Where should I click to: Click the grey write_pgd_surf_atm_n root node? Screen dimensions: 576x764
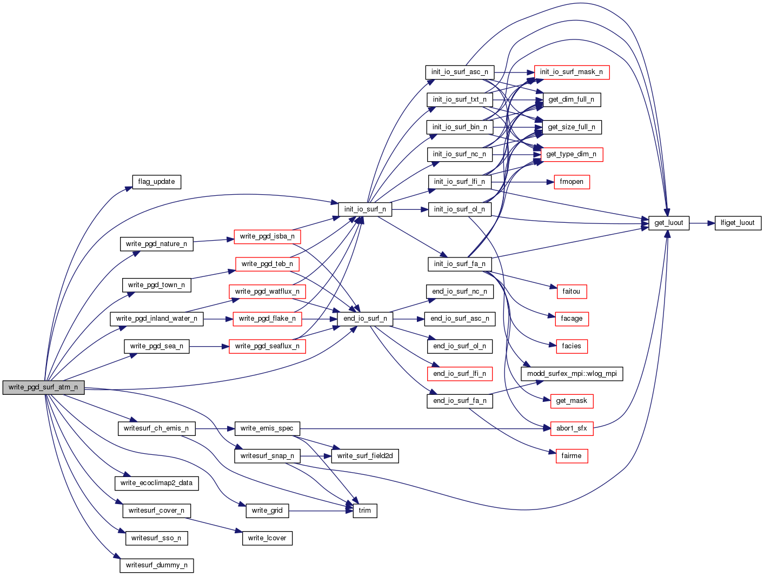coord(43,387)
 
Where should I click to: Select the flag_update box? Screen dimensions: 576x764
coord(156,182)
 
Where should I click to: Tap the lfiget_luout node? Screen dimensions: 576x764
coord(738,223)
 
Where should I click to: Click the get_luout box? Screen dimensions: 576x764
coord(669,223)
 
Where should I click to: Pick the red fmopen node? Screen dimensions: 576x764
coord(572,182)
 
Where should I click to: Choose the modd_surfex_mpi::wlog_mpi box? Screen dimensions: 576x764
coord(572,374)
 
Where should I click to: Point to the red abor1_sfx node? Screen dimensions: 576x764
coord(572,428)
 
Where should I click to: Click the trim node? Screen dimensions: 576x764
coord(365,511)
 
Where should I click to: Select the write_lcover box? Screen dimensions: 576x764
coord(267,538)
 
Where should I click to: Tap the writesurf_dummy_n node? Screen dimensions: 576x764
coord(156,565)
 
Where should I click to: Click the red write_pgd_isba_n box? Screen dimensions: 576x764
coord(267,236)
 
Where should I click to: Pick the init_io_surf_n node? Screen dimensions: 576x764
coord(365,209)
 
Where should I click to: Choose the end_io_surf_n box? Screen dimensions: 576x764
coord(365,319)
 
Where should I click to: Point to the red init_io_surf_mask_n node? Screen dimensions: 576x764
coord(572,72)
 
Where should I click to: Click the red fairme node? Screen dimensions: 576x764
coord(572,456)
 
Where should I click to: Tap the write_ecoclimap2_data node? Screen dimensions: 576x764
coord(156,483)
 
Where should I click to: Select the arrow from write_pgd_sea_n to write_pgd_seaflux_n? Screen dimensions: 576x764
coord(209,346)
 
